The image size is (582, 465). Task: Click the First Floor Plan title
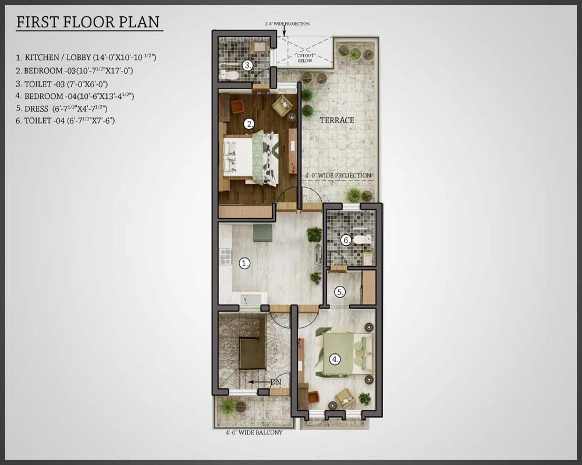click(88, 22)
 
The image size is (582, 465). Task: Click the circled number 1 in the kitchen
click(244, 264)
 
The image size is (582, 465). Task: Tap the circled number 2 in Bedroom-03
click(249, 124)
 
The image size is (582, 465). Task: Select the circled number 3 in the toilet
click(247, 66)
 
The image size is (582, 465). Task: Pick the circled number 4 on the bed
click(335, 359)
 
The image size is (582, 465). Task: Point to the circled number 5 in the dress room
click(340, 292)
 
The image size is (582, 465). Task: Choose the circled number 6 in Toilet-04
click(346, 240)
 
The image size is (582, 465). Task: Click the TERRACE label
click(337, 120)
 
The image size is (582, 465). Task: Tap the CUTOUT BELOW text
click(305, 58)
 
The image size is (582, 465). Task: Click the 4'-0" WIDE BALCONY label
click(254, 432)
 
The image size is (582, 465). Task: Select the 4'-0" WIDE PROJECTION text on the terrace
click(338, 176)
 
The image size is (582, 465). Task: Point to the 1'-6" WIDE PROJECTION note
click(287, 24)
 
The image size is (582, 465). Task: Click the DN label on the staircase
click(276, 381)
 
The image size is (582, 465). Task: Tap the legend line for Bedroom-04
click(74, 96)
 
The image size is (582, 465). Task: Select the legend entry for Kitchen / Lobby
click(86, 57)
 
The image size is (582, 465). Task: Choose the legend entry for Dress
click(61, 108)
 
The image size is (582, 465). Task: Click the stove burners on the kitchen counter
click(225, 256)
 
